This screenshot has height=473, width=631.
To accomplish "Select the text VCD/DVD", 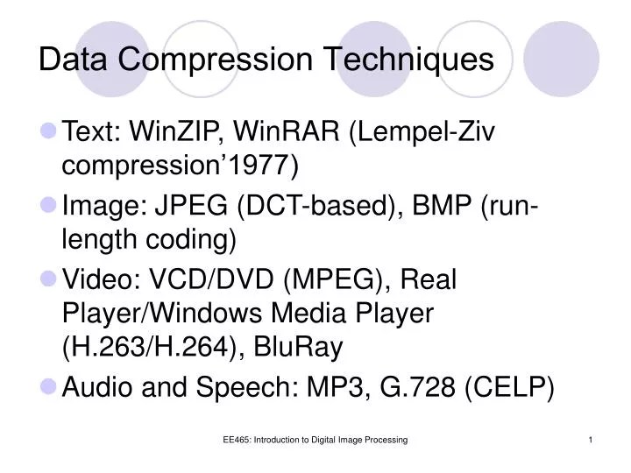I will (202, 281).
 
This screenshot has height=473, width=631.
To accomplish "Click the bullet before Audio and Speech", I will (48, 385).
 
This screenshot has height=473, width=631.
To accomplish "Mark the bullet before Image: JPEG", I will (48, 206).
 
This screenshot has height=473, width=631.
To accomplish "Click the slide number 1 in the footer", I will (592, 439).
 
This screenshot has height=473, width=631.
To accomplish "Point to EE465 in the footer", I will (236, 439).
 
